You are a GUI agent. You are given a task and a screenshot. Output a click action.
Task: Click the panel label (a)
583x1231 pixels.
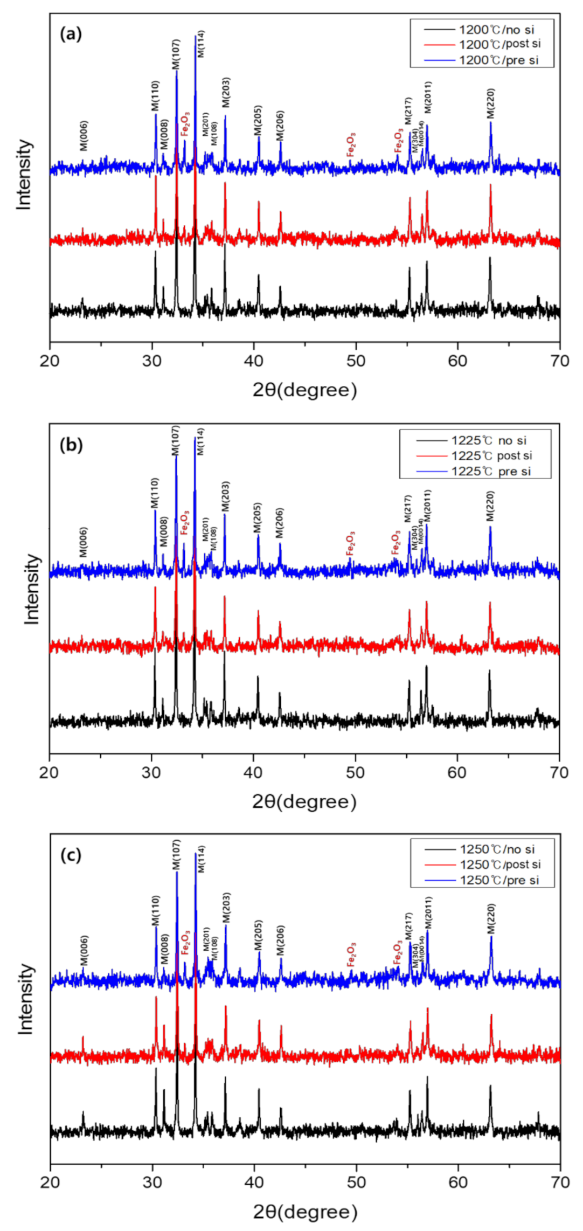coord(71,34)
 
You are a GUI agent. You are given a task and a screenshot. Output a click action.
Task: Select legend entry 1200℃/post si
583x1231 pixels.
coord(499,44)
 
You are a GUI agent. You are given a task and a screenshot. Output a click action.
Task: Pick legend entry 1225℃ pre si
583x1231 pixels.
coord(491,472)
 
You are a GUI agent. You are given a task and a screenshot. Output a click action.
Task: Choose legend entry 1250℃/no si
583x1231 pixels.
coord(497,849)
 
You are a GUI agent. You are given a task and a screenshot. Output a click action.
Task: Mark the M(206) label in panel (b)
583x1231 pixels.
coord(279,523)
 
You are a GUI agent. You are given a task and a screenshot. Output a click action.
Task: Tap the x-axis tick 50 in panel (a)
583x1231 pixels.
coord(356,360)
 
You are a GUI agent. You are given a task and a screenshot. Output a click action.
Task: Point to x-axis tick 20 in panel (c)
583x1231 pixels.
coord(50,1182)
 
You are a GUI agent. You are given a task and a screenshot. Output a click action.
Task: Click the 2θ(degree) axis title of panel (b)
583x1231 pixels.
coord(304,801)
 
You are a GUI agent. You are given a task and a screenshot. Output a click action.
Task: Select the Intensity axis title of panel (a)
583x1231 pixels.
coord(24,175)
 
